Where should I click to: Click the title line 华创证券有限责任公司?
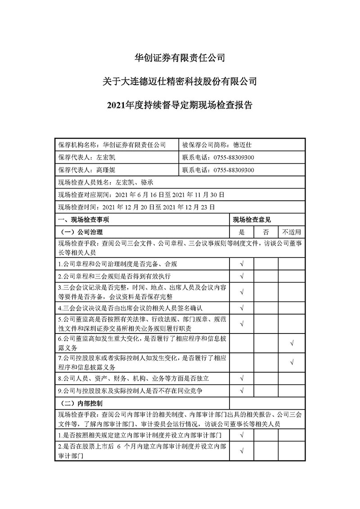point(180,58)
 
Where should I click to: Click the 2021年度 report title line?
point(180,105)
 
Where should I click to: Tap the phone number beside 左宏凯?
point(234,158)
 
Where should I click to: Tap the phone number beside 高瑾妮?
point(234,170)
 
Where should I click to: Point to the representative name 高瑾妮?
point(106,170)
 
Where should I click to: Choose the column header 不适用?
point(292,232)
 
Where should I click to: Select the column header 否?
point(265,232)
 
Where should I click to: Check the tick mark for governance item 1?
point(242,264)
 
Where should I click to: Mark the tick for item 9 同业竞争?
point(242,390)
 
